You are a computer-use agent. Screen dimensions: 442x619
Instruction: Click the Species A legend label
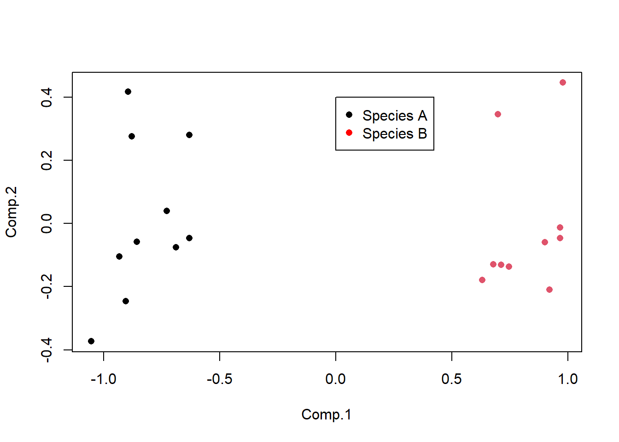[x=394, y=116]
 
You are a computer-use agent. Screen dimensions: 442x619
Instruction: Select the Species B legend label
[x=394, y=134]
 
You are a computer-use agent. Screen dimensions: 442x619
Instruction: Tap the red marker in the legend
[x=349, y=133]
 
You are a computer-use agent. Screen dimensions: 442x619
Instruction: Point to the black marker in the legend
[x=349, y=115]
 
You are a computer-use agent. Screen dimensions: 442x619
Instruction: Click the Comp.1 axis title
[x=326, y=414]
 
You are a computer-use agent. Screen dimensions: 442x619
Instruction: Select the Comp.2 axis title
[x=11, y=212]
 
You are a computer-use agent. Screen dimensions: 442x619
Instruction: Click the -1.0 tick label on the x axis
[x=104, y=379]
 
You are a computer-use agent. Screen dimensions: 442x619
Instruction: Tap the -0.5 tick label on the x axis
[x=220, y=379]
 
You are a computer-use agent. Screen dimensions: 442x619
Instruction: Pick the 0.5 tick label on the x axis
[x=451, y=379]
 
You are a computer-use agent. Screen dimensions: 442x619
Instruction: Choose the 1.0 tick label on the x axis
[x=567, y=379]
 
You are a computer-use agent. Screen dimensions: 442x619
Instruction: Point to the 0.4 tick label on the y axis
[x=47, y=98]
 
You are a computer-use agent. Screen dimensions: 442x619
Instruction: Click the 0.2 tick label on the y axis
[x=47, y=161]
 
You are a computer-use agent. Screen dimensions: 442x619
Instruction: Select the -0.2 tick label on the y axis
[x=47, y=286]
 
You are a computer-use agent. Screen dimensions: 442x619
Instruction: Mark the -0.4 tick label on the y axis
[x=47, y=350]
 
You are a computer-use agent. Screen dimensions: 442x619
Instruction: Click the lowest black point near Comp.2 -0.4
[x=91, y=341]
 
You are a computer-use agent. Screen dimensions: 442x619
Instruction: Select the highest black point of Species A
[x=128, y=92]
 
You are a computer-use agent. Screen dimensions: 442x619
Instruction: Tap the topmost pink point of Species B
[x=563, y=82]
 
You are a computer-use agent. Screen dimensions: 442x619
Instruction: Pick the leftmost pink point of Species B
[x=482, y=280]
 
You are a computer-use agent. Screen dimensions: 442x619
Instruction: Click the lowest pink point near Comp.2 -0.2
[x=549, y=290]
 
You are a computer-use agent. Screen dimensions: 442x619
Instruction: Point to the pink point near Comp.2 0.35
[x=498, y=114]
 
